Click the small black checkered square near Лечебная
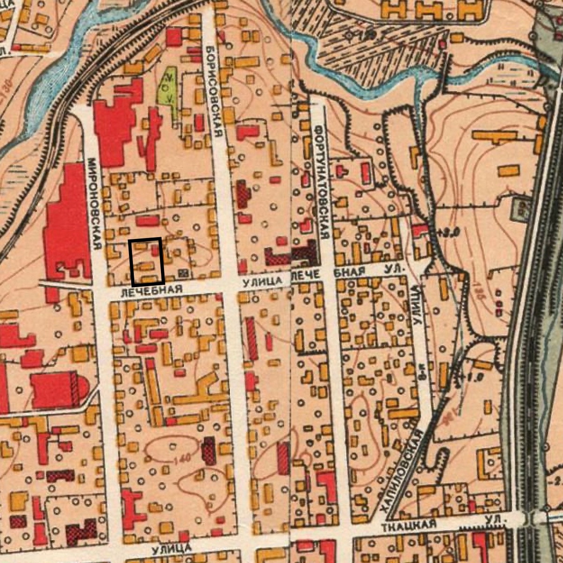click(x=183, y=273)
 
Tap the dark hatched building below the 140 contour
click(x=209, y=450)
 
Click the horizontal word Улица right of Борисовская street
click(x=262, y=281)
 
